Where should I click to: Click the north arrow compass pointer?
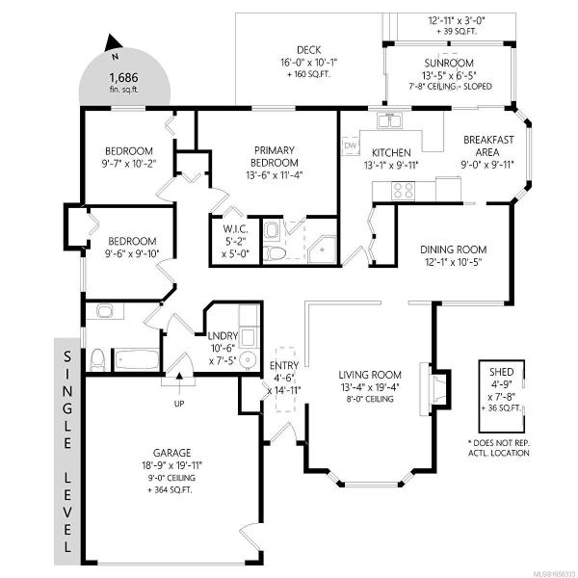(113, 42)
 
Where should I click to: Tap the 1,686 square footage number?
(123, 77)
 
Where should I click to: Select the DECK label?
(308, 50)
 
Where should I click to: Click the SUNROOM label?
(449, 63)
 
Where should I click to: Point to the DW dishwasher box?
(351, 145)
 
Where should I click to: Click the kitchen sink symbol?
(389, 120)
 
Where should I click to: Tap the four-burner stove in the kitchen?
(403, 191)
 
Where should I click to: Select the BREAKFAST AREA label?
(488, 146)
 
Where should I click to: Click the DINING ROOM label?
(454, 250)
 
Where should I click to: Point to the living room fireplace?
(435, 389)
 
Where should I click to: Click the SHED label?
(501, 372)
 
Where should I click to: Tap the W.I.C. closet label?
(235, 229)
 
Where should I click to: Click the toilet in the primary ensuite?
(275, 252)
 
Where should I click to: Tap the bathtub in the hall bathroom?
(137, 359)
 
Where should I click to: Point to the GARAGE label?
(172, 453)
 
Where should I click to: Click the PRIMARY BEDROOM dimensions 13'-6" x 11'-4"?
(275, 174)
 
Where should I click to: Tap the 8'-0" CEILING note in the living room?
(370, 399)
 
